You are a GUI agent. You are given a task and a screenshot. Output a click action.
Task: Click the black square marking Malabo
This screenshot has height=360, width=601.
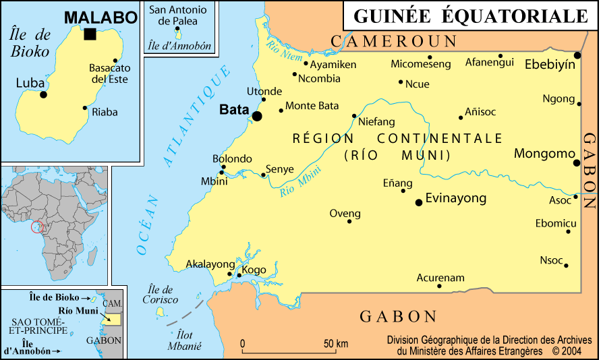(90, 34)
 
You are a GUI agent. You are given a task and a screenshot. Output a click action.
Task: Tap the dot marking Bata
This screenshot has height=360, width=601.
(257, 116)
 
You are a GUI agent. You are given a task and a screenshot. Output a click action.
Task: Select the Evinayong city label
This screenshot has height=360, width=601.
(456, 199)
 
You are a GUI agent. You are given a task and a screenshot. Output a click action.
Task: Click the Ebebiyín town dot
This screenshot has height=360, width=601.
(577, 55)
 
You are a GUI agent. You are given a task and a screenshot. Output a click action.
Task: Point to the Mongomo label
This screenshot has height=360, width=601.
(543, 154)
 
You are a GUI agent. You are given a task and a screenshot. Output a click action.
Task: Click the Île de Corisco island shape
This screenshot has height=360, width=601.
(161, 311)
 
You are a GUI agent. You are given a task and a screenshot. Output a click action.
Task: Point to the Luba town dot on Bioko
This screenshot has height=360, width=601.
(44, 94)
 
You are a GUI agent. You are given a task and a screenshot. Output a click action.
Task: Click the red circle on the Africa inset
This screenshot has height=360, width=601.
(39, 227)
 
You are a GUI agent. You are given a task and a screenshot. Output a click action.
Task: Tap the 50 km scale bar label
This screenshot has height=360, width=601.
(335, 344)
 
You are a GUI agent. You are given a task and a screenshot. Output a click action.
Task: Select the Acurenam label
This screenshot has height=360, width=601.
(440, 277)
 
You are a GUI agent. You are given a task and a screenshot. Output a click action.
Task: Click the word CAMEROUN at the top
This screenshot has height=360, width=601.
(393, 42)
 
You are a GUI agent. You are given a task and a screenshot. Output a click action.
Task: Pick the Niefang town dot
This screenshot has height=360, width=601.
(354, 116)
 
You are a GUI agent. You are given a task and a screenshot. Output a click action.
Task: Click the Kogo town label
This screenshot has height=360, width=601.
(254, 270)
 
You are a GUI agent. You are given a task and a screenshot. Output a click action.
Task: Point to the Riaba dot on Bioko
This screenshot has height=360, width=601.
(85, 108)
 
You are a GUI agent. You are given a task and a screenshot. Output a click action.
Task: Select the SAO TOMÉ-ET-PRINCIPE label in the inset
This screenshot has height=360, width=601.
(38, 326)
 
